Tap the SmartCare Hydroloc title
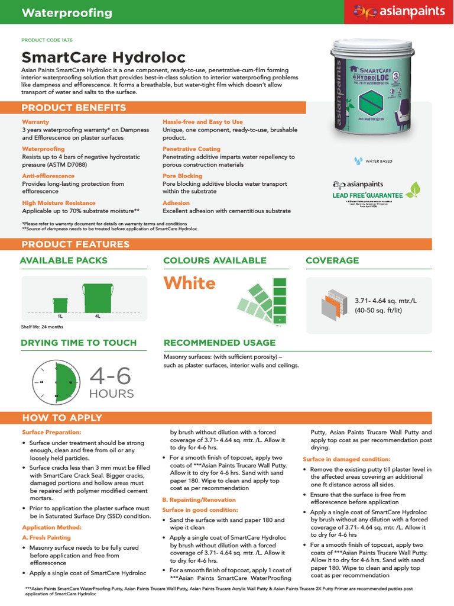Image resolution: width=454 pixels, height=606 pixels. [x=103, y=57]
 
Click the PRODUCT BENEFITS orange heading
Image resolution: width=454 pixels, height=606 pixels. [x=73, y=107]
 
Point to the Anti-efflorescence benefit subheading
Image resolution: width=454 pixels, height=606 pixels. [x=48, y=176]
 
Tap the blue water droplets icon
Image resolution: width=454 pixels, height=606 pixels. [x=357, y=160]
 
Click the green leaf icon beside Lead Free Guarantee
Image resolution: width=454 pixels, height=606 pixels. [x=416, y=189]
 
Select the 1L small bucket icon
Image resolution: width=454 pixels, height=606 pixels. [x=60, y=304]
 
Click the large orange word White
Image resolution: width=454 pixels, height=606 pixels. [x=189, y=283]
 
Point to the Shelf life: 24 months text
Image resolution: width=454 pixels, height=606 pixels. [x=42, y=327]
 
